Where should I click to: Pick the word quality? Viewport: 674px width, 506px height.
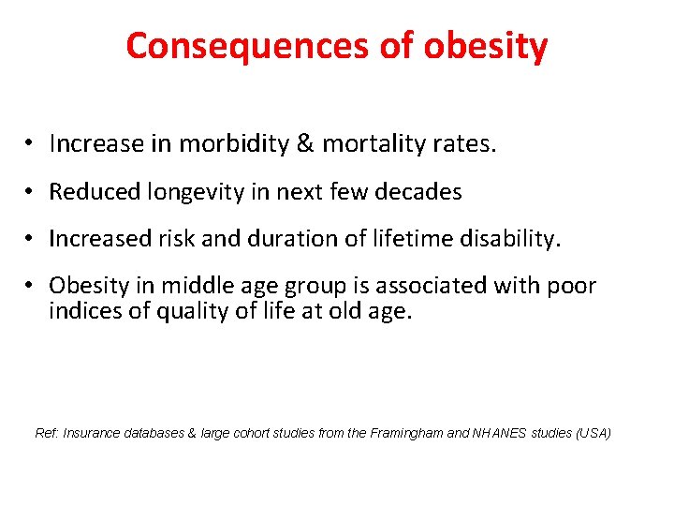point(188,311)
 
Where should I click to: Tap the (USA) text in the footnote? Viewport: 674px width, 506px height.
point(593,433)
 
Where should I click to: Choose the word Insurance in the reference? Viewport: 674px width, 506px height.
point(89,433)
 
